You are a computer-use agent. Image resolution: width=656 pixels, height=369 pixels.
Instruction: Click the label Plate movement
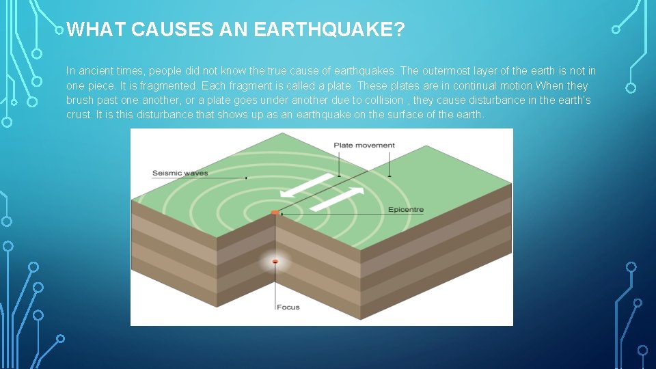pos(364,145)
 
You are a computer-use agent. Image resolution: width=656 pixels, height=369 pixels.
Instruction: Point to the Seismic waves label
pos(180,173)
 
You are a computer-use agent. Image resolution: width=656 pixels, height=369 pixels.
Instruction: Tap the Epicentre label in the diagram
pos(406,209)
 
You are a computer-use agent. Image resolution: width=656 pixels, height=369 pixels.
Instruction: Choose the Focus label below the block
pos(288,307)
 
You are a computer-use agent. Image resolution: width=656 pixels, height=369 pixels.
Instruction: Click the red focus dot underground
pos(275,262)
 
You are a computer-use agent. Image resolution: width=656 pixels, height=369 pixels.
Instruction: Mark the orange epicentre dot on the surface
pos(275,213)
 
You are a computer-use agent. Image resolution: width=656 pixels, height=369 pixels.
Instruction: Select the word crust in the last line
pos(77,114)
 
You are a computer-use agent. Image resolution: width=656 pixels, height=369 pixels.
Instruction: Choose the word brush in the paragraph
pos(79,100)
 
